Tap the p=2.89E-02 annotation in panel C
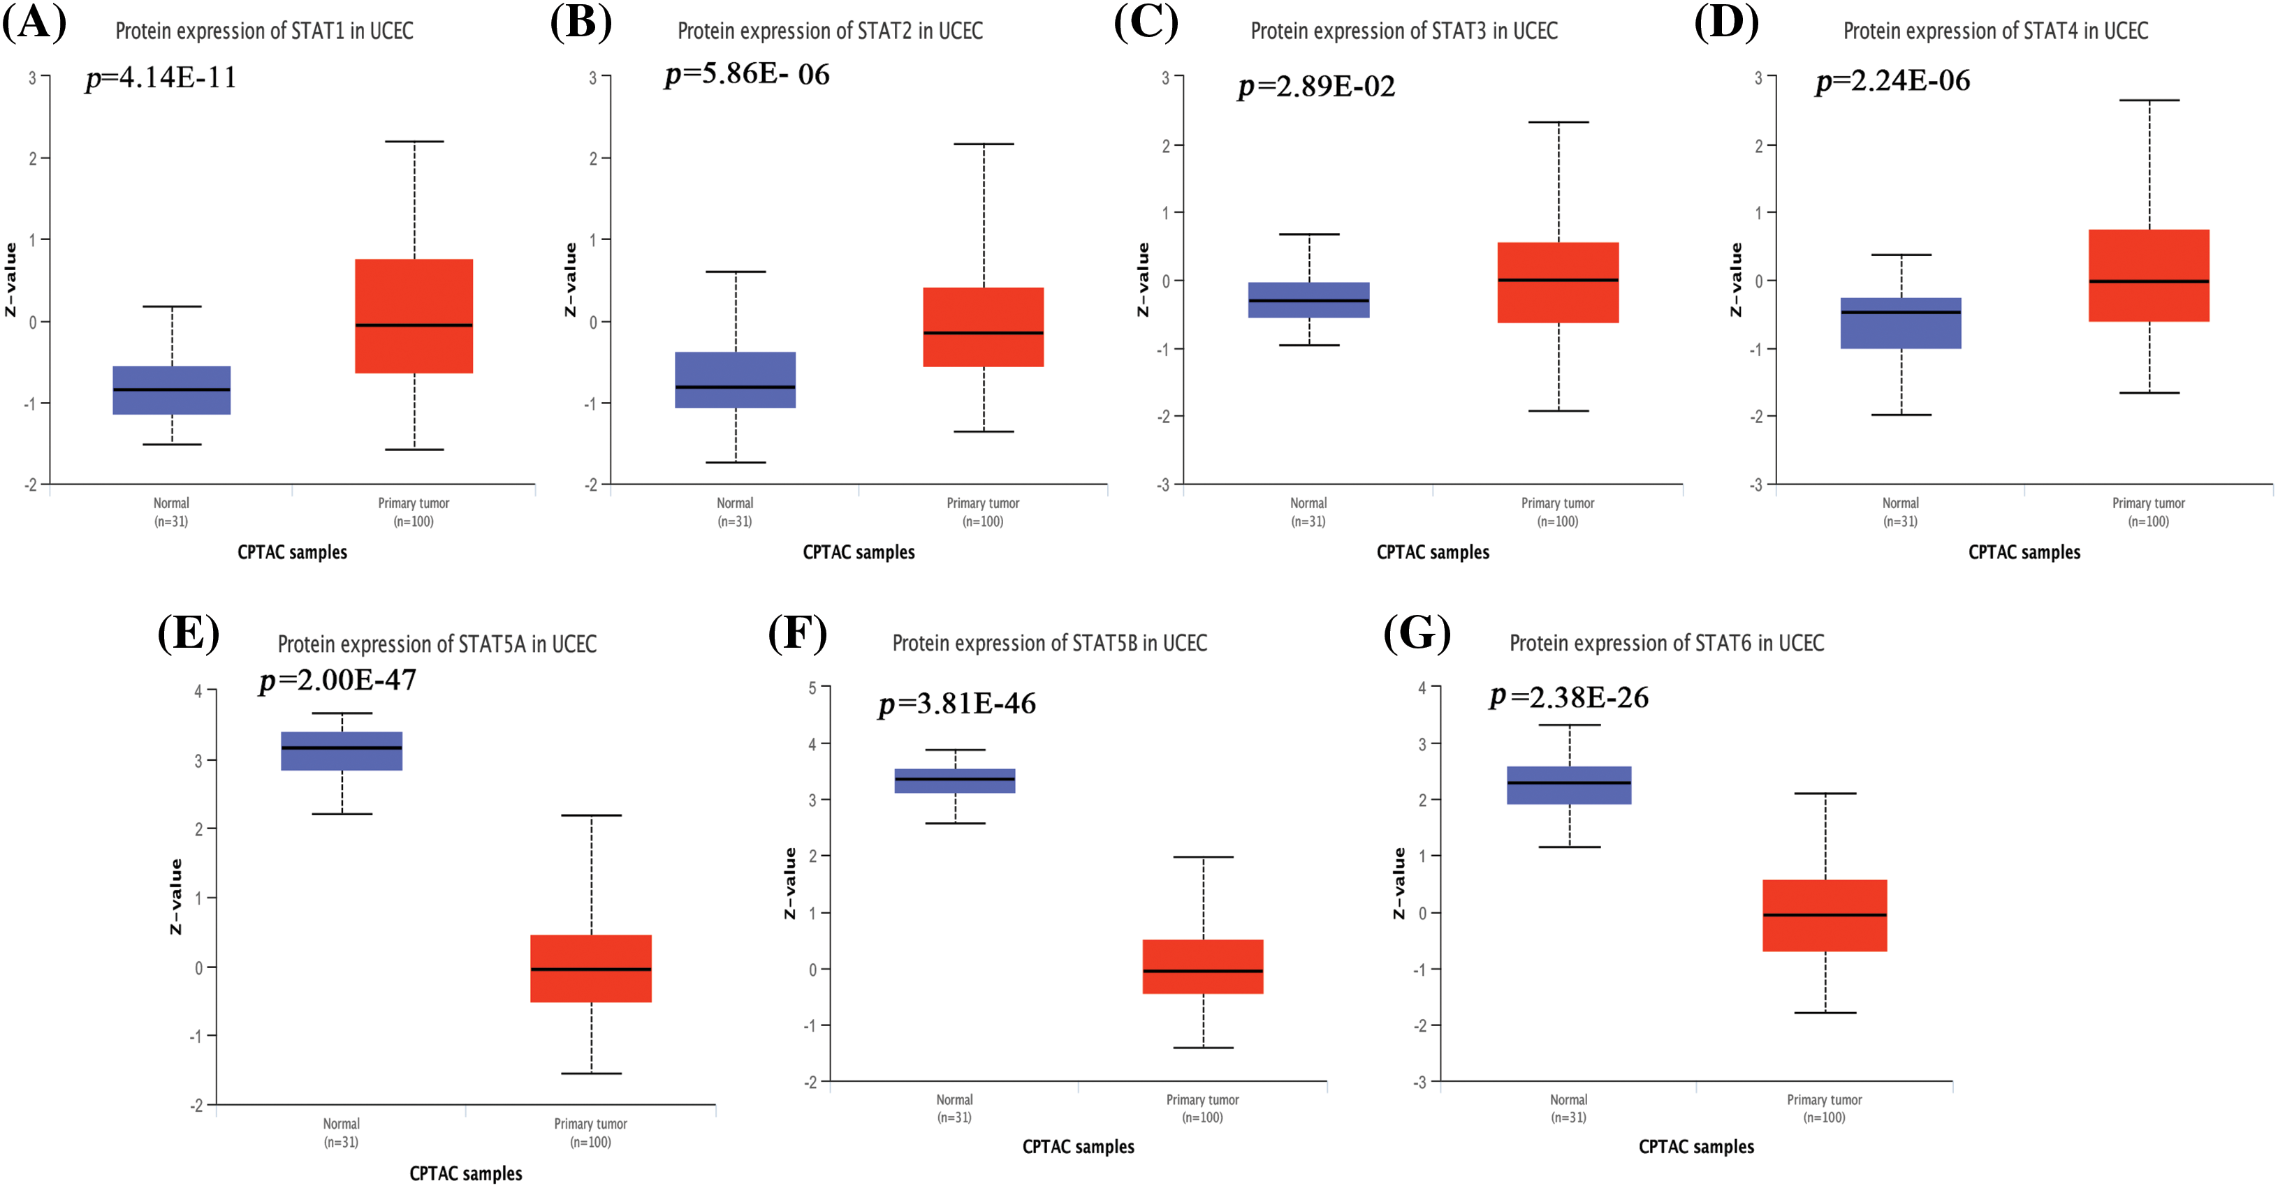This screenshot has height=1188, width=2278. [1316, 87]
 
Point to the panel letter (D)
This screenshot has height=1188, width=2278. [1725, 23]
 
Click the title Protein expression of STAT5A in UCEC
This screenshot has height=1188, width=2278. [437, 644]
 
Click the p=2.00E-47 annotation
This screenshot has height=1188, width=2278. [338, 680]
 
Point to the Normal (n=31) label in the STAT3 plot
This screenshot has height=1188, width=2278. [1308, 512]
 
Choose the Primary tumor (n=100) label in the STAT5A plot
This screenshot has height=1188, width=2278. [591, 1132]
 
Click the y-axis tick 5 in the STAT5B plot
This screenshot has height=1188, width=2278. [812, 687]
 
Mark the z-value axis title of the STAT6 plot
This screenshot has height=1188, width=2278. [1399, 883]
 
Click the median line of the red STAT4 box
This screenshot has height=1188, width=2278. [2149, 281]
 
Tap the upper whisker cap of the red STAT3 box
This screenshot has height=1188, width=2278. [1558, 123]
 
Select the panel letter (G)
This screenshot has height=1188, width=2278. [1417, 633]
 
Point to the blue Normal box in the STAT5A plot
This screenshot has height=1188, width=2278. [342, 750]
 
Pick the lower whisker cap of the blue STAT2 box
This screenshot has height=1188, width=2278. [736, 462]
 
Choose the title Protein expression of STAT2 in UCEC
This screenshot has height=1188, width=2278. [829, 31]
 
